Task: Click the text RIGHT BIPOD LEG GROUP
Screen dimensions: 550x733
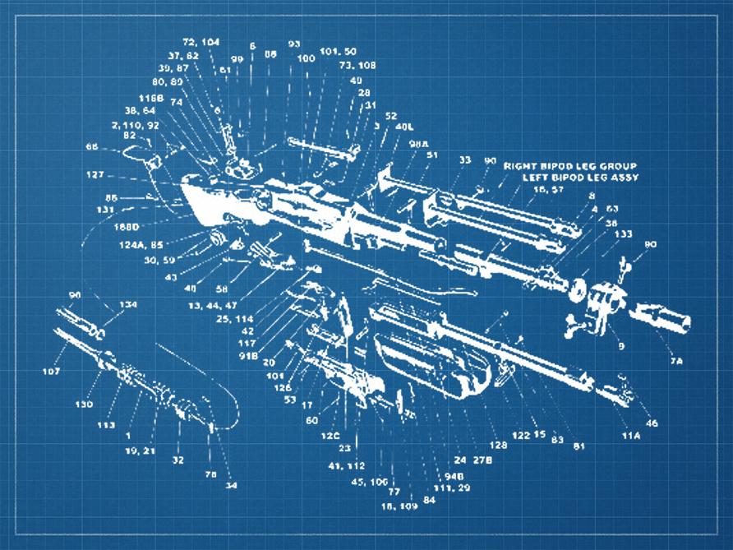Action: (x=569, y=166)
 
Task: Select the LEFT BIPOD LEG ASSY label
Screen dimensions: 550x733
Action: (x=581, y=178)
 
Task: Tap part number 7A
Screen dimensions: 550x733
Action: (x=675, y=361)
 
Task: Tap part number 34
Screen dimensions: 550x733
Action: (x=231, y=486)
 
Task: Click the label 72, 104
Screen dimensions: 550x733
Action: (x=201, y=41)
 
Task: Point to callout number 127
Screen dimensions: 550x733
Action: (x=95, y=174)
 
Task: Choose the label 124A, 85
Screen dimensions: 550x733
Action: (x=141, y=244)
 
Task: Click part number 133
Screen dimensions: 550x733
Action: (x=623, y=233)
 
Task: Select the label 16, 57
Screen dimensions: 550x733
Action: (x=548, y=189)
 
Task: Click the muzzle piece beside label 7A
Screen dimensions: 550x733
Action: (x=662, y=321)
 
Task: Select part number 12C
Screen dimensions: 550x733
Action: (x=330, y=435)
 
